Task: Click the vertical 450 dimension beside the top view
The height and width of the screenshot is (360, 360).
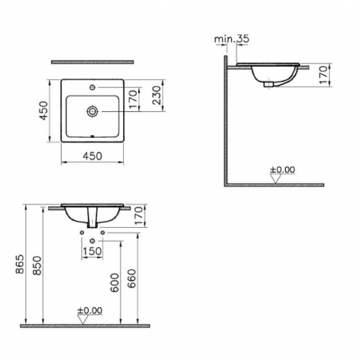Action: point(44,110)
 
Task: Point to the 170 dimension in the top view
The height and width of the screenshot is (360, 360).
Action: point(142,100)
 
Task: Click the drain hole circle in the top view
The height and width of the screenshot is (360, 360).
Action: point(92,110)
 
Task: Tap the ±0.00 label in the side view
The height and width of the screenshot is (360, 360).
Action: point(283,169)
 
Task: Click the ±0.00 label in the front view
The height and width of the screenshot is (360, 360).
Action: point(89,310)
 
